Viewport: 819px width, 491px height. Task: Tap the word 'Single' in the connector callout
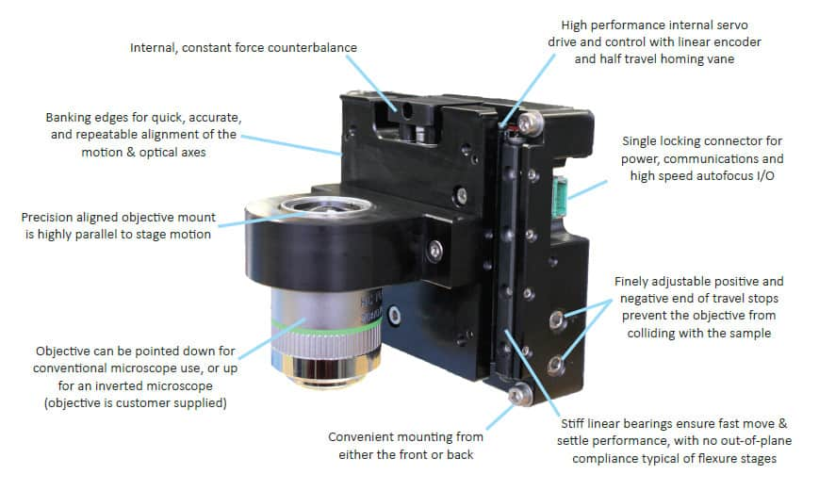tap(642, 141)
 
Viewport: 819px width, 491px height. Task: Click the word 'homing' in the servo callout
tap(683, 58)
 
